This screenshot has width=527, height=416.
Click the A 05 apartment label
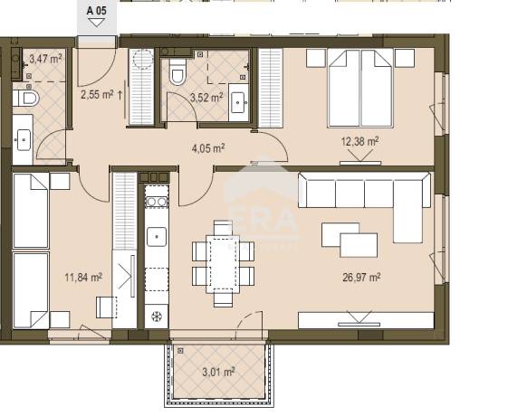click(97, 11)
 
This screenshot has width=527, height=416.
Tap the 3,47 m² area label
click(45, 59)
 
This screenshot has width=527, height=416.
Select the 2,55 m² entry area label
click(97, 95)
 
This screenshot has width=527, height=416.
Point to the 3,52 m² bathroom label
click(206, 98)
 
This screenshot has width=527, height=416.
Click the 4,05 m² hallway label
click(208, 148)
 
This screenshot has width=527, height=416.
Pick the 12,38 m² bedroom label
click(360, 141)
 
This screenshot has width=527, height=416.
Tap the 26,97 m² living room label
click(361, 278)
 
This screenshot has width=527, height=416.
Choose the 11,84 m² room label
click(83, 278)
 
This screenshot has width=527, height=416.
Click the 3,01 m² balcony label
click(218, 372)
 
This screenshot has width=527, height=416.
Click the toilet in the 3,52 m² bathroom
click(177, 71)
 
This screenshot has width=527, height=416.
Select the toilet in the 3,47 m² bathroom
click(26, 98)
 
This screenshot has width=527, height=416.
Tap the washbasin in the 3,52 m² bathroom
click(239, 102)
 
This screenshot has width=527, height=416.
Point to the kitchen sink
click(157, 237)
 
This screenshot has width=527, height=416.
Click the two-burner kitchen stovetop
click(157, 202)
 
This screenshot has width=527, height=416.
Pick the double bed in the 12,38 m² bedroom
click(360, 88)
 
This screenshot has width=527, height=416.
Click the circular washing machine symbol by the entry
click(143, 60)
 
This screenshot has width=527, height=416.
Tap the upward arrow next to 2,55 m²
click(120, 95)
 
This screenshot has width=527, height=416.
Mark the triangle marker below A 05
click(97, 23)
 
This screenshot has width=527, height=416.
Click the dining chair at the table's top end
click(223, 228)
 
